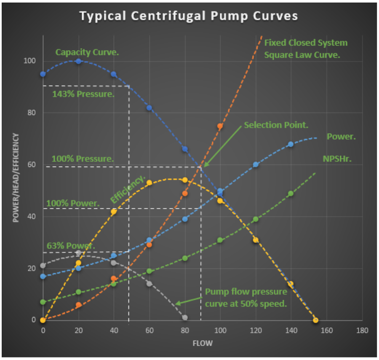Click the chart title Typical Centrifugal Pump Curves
coord(189,16)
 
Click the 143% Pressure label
coord(83,94)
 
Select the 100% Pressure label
coord(83,159)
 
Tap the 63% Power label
coord(71,246)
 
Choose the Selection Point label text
coord(276,125)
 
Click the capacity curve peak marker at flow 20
coord(78,61)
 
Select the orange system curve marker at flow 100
coord(220,126)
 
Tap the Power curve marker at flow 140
coord(291,144)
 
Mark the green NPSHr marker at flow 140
coord(291,193)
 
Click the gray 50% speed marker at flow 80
coord(184,317)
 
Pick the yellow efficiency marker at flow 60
coord(149,183)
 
